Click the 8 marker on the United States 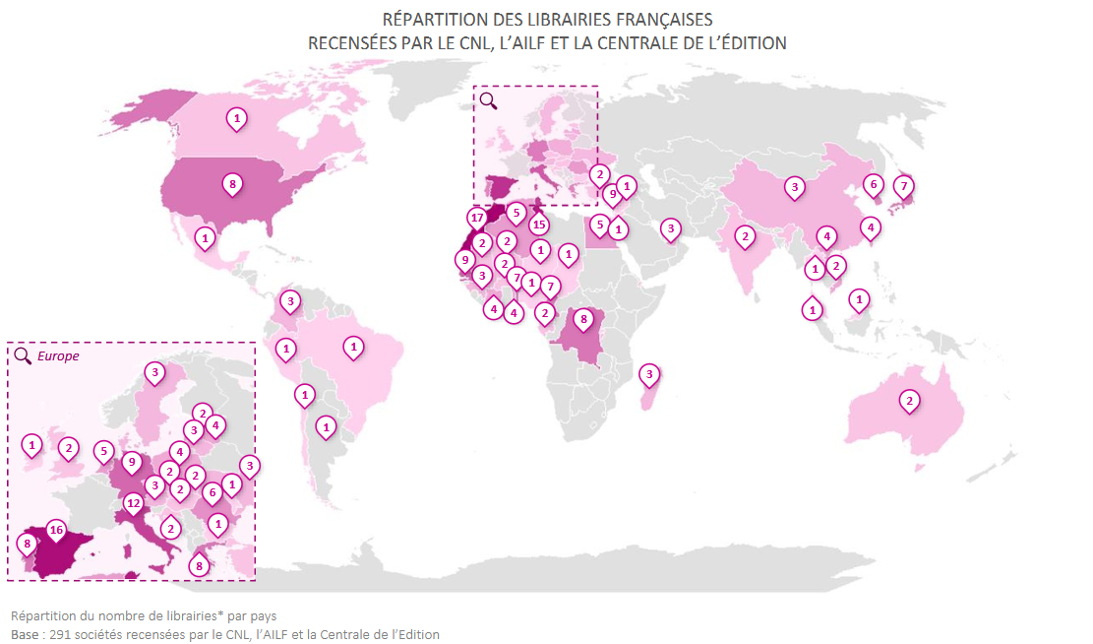pyautogui.click(x=232, y=183)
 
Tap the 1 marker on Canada pyautogui.click(x=236, y=118)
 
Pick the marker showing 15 pyautogui.click(x=538, y=225)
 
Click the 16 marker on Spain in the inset pyautogui.click(x=56, y=530)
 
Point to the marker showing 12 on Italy pyautogui.click(x=134, y=502)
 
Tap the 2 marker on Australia pyautogui.click(x=910, y=400)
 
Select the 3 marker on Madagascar pyautogui.click(x=649, y=374)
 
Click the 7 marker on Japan pyautogui.click(x=905, y=185)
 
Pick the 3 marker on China pyautogui.click(x=794, y=186)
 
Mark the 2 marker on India pyautogui.click(x=746, y=236)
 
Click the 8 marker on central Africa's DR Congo pyautogui.click(x=582, y=319)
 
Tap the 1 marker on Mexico pyautogui.click(x=206, y=237)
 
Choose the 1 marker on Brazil pyautogui.click(x=352, y=347)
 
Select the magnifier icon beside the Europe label pyautogui.click(x=23, y=355)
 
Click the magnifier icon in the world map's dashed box pyautogui.click(x=488, y=99)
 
